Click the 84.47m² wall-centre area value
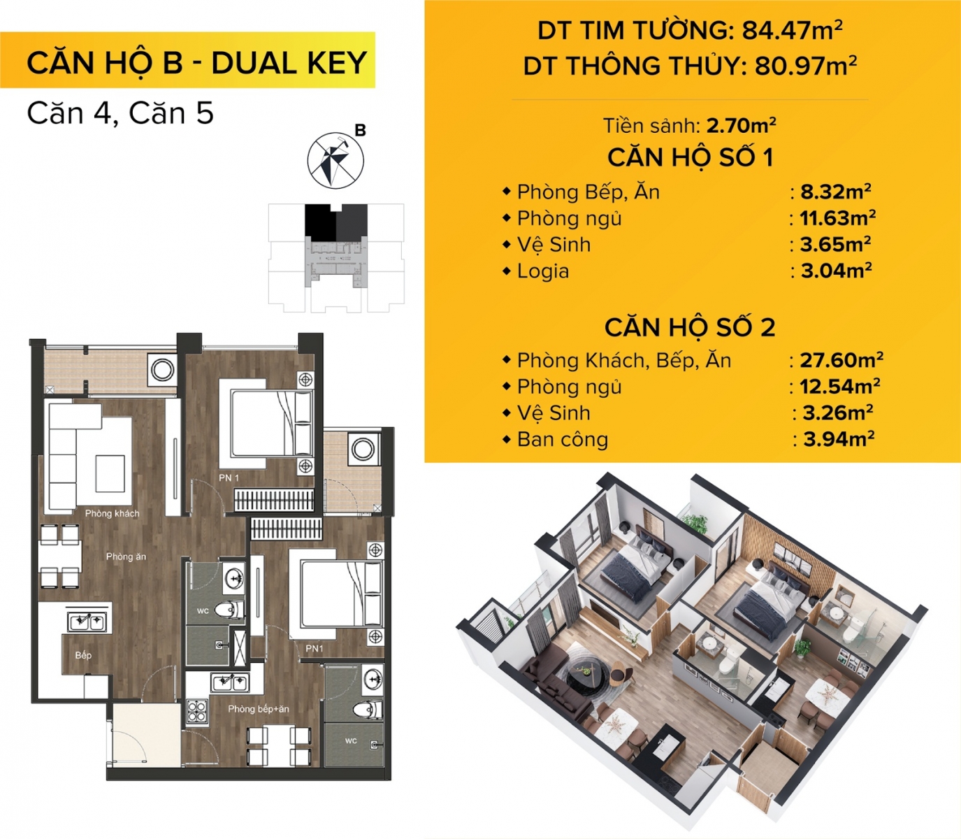point(792,31)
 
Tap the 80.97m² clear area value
point(806,66)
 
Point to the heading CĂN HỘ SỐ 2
point(690,327)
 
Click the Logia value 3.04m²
point(836,271)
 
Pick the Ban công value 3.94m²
point(839,439)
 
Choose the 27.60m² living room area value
point(841,360)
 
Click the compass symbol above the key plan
point(336,159)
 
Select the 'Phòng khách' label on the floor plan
point(113,513)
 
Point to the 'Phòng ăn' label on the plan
point(126,557)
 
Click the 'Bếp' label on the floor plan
point(83,655)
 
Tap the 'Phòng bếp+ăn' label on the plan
point(259,709)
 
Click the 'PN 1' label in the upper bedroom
point(229,478)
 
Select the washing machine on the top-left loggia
point(162,369)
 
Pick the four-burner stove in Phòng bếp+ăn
point(198,711)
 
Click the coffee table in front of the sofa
point(110,473)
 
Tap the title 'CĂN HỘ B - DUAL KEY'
point(197,62)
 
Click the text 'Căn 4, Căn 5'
point(120,113)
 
